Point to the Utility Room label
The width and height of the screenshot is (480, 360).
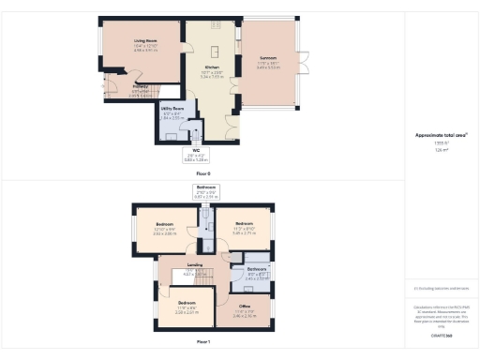(172, 112)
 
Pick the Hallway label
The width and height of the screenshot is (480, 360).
(114, 90)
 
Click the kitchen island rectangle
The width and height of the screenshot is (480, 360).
(212, 51)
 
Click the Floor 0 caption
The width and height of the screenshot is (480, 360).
(203, 174)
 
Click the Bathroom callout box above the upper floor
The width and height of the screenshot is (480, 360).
(205, 192)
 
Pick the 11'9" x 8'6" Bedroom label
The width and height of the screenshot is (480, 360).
(187, 306)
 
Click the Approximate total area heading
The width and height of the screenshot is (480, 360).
(441, 135)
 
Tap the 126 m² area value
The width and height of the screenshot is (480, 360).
(441, 148)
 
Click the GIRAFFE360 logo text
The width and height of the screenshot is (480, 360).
(441, 335)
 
